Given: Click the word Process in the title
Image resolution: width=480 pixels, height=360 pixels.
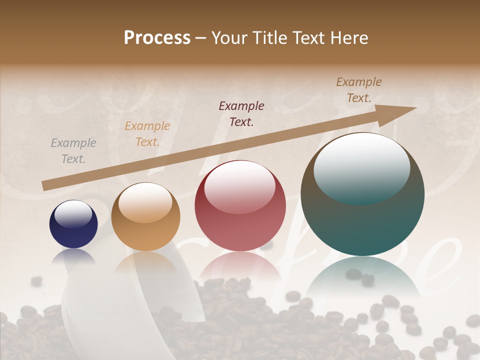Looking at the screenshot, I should [x=157, y=38].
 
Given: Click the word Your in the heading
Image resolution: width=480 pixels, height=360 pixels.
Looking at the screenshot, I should [x=229, y=38].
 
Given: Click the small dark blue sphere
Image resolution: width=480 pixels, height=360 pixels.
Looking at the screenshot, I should [x=73, y=224].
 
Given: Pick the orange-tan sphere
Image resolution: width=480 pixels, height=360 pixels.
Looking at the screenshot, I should [x=145, y=217].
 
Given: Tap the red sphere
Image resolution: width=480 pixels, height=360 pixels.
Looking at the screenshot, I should [x=240, y=206].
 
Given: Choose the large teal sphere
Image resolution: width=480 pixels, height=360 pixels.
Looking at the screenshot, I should [x=362, y=194].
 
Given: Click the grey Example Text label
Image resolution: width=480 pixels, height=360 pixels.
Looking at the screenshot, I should [x=73, y=151].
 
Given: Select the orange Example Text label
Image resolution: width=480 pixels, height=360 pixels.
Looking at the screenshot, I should [x=147, y=134].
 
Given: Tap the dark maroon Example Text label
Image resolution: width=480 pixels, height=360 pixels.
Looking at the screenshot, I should [x=241, y=113].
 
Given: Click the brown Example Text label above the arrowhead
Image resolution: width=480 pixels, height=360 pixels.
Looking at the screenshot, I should [x=359, y=90].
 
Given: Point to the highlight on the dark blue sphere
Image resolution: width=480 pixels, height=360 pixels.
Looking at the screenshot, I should [x=73, y=213].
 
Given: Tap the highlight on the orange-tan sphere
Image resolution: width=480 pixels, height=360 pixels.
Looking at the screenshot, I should [x=145, y=201].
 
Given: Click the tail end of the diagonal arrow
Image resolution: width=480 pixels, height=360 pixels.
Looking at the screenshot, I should [x=46, y=185].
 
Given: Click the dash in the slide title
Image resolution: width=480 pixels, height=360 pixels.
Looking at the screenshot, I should [x=201, y=38].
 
